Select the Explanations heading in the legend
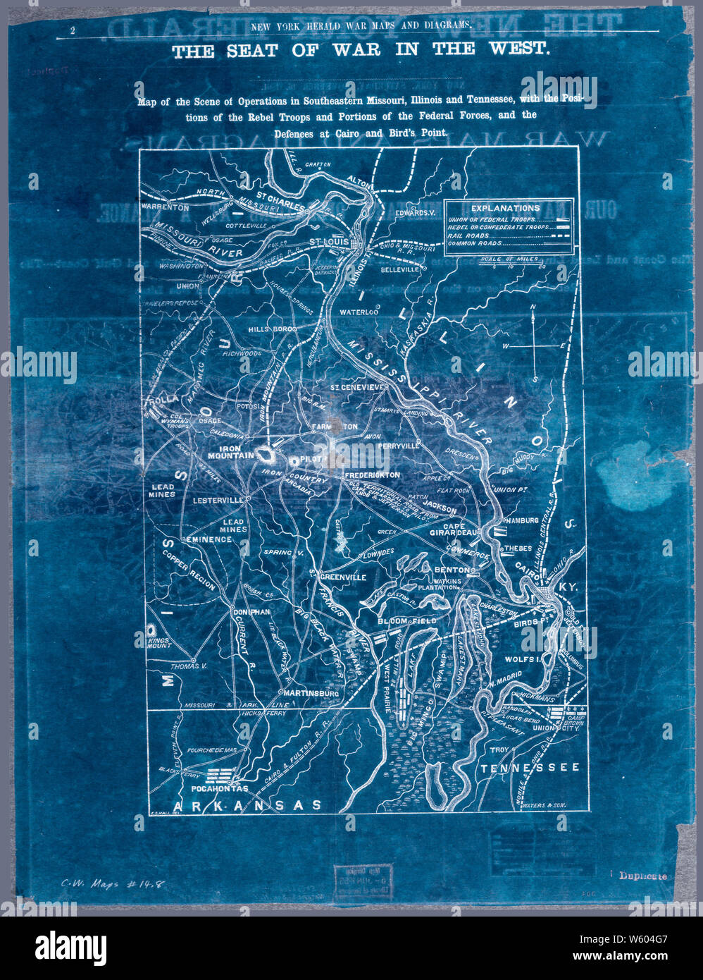505,208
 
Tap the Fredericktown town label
372,475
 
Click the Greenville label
343,577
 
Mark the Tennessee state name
530,767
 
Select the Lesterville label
216,499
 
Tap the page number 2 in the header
73,30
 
